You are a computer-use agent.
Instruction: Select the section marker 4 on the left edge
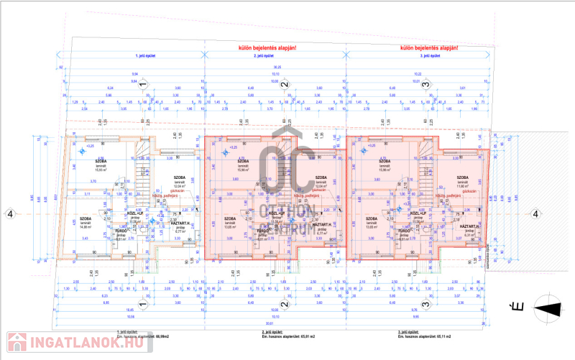(10, 213)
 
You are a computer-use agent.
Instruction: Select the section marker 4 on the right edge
(535, 213)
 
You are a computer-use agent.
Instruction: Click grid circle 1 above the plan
(143, 85)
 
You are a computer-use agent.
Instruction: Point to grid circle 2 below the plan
(285, 304)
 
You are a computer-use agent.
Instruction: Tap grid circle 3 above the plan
(426, 85)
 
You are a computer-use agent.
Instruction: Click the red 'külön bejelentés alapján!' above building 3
(428, 48)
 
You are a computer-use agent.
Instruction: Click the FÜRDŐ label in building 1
(121, 232)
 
